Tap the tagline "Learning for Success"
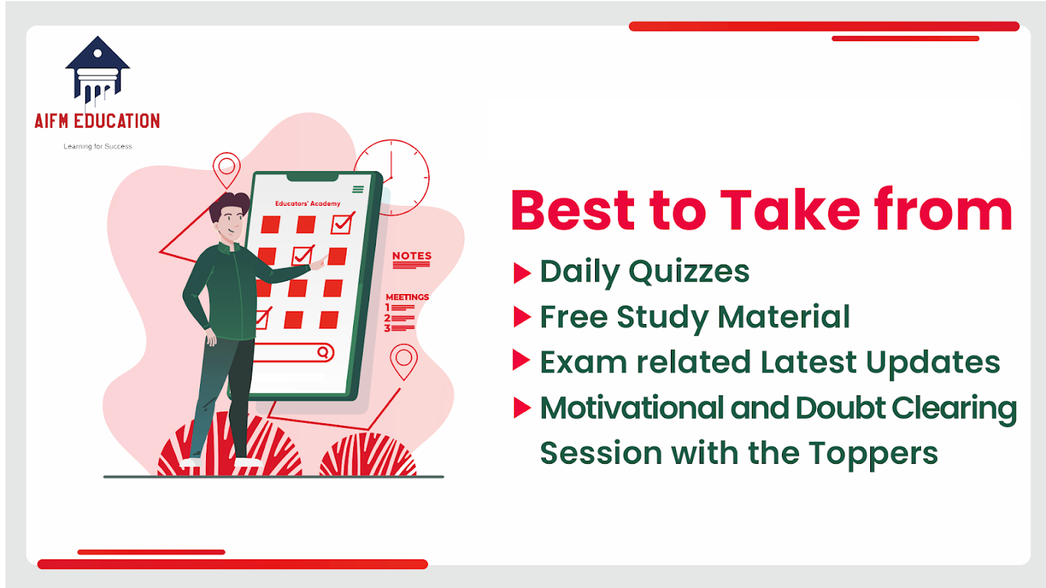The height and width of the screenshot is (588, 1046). [x=98, y=146]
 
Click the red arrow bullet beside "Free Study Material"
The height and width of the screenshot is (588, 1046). [x=522, y=318]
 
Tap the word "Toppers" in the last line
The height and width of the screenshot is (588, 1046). [x=873, y=454]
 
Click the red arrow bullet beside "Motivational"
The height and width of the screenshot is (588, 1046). [x=522, y=408]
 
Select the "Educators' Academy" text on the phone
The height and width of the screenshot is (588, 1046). [x=307, y=204]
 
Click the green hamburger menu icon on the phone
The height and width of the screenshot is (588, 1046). [x=358, y=189]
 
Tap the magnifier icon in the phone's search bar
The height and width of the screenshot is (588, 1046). [x=323, y=352]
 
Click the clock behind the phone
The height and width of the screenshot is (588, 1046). [x=391, y=177]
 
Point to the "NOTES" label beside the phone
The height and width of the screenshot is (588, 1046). [x=411, y=256]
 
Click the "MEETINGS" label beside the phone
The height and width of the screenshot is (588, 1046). [x=408, y=297]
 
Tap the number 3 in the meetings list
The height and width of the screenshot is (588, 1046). [x=387, y=328]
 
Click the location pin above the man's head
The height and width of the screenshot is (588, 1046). [x=227, y=170]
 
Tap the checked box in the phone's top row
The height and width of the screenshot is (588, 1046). [x=343, y=223]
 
